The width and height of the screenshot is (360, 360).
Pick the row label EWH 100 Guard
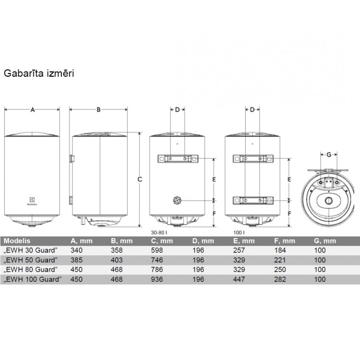(x=34, y=279)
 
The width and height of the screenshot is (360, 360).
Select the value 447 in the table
(x=239, y=279)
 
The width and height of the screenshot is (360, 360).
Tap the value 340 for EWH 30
(x=76, y=250)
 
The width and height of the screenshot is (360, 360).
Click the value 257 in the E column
(x=239, y=250)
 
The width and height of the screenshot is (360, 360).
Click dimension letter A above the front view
(x=33, y=109)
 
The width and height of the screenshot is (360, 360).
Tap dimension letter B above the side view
(x=98, y=109)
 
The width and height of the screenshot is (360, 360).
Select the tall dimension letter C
(x=139, y=180)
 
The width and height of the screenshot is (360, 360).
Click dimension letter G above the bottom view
(x=328, y=155)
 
